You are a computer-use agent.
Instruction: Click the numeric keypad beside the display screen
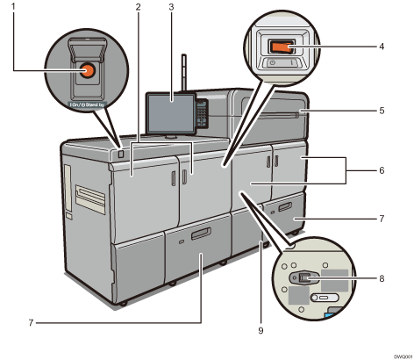[202, 113]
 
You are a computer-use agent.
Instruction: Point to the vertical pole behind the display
[185, 72]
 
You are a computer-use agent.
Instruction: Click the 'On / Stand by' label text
[88, 102]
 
